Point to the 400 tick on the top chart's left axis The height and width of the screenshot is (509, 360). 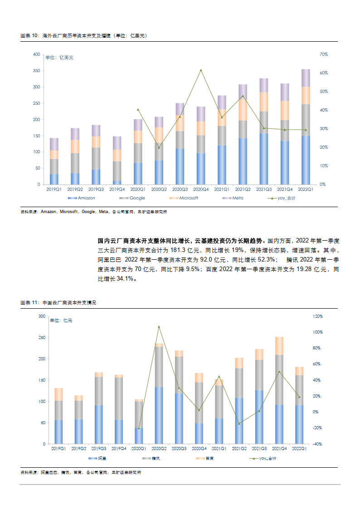click(37, 54)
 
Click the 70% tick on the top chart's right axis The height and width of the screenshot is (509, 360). click(324, 54)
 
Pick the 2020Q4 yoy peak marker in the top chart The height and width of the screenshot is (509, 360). click(201, 70)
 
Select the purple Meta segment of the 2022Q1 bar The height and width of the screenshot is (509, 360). click(306, 78)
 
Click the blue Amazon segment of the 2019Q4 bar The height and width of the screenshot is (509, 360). click(117, 183)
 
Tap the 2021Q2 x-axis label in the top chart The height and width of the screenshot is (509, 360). click(243, 189)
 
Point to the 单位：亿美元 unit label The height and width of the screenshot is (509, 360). click(59, 58)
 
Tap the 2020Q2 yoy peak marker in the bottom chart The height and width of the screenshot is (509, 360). click(159, 327)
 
